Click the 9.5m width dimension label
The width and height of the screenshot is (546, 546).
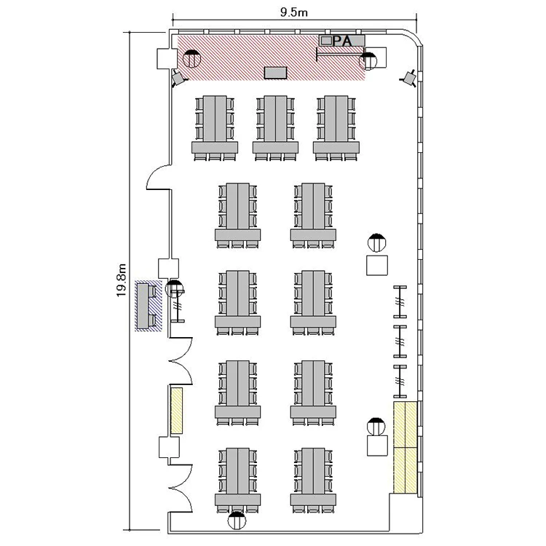click(294, 12)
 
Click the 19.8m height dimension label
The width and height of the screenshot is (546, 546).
click(121, 280)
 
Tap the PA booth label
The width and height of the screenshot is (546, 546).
click(343, 41)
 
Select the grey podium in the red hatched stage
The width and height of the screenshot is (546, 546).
click(275, 73)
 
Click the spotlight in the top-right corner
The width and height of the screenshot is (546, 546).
click(409, 79)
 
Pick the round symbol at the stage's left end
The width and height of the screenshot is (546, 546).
click(191, 58)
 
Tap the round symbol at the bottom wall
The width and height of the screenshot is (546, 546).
click(237, 521)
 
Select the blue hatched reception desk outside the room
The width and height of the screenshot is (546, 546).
click(149, 306)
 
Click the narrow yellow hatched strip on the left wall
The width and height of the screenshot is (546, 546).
click(177, 411)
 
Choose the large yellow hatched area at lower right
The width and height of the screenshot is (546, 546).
click(405, 447)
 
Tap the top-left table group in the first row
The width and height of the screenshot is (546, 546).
click(215, 128)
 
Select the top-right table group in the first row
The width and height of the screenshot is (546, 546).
click(336, 128)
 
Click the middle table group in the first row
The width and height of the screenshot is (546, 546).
click(275, 128)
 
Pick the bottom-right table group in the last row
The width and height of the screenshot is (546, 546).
click(313, 480)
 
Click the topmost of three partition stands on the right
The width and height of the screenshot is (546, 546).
click(400, 301)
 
